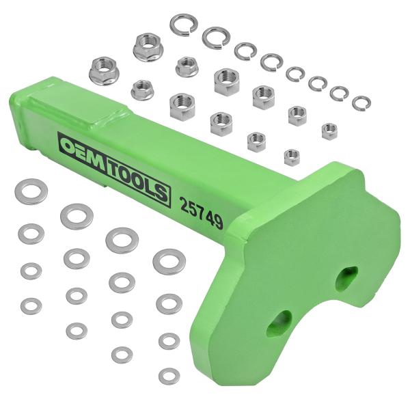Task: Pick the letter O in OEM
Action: tap(71, 146)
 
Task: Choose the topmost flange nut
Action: tap(147, 46)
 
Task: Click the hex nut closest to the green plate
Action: tap(292, 157)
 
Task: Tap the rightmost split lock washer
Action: tap(361, 103)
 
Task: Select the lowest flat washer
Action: tap(168, 375)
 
